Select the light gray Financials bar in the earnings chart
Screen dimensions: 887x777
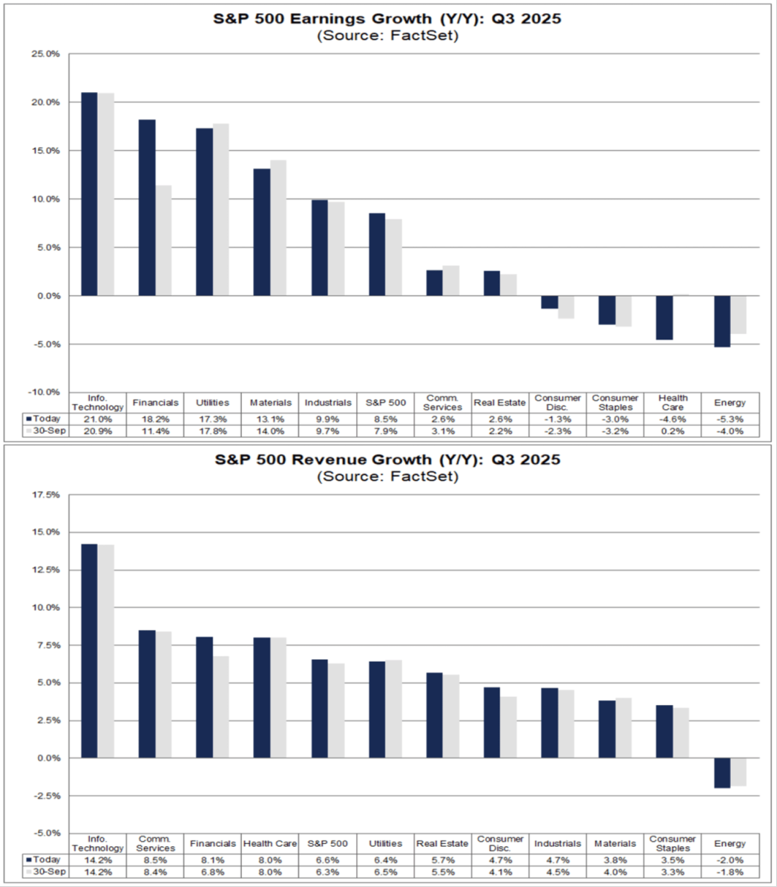coord(163,240)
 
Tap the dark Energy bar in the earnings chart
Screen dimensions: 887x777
coord(722,321)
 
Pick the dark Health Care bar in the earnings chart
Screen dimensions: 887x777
coord(664,317)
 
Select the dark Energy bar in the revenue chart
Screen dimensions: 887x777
coord(722,773)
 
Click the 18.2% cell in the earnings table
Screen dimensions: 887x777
coord(155,419)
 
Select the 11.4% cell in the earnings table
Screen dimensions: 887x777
coord(155,431)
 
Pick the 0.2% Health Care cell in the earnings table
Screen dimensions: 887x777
coord(673,431)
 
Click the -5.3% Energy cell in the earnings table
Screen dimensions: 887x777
coord(730,419)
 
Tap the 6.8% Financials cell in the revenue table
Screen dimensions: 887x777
coord(213,872)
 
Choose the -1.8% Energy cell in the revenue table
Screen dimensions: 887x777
coord(730,872)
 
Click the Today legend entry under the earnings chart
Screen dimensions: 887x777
coord(44,419)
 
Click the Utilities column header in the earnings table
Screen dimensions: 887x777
coord(213,403)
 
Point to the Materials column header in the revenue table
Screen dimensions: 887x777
coord(615,843)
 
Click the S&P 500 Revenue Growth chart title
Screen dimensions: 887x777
coord(388,460)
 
